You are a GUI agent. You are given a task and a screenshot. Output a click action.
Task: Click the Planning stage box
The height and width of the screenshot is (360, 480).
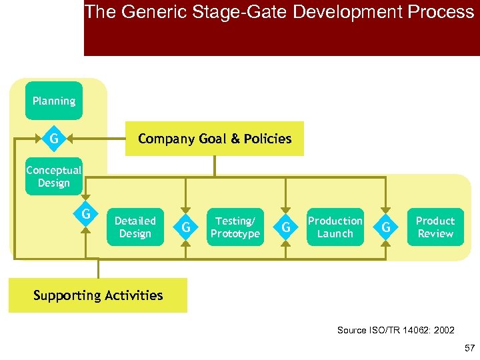tap(54, 101)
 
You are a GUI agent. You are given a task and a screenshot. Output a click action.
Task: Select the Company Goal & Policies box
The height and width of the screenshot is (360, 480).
tap(214, 139)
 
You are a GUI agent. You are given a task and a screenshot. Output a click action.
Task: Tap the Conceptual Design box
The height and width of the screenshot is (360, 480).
tap(54, 177)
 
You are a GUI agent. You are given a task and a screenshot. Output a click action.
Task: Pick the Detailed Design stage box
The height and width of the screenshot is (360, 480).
tap(135, 227)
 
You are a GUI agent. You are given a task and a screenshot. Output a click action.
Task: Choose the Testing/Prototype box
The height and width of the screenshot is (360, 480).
tap(235, 227)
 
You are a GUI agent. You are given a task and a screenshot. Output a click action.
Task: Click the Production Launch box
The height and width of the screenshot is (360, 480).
tap(335, 227)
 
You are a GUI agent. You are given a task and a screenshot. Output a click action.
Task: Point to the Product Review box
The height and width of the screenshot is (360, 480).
tap(435, 227)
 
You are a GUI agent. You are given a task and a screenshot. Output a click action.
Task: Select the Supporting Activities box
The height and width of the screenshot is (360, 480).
tap(98, 295)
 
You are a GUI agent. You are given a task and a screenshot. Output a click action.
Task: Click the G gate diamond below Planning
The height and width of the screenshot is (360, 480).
tap(53, 139)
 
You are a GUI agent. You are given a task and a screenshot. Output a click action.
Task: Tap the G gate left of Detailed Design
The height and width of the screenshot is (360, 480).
tap(86, 215)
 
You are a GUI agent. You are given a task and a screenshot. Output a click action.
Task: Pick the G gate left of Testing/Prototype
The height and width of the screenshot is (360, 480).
tap(186, 227)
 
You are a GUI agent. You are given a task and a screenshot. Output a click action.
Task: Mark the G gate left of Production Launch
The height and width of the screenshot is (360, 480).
tap(286, 227)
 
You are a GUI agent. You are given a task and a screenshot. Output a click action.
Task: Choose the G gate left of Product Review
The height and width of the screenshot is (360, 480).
tap(386, 227)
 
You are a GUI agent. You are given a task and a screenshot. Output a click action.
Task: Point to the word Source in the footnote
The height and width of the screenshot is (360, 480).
tap(352, 330)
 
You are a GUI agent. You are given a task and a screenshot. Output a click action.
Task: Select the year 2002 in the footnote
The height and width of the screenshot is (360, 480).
tap(443, 330)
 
